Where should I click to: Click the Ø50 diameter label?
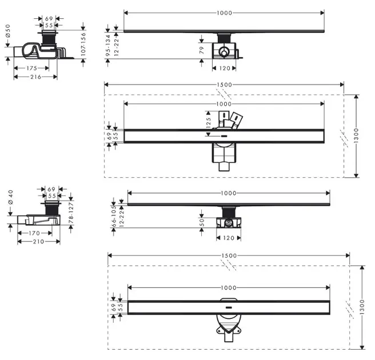coord(8,31)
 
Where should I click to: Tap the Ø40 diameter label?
coord(11,197)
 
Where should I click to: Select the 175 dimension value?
coord(32,68)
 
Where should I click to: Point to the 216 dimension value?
coord(35,77)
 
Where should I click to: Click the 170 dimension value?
coord(34,233)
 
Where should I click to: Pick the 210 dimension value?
coord(39,242)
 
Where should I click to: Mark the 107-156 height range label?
coord(83,44)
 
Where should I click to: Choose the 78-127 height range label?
coord(71,213)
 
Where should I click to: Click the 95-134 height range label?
coord(108,45)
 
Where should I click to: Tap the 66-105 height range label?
coord(114,217)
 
